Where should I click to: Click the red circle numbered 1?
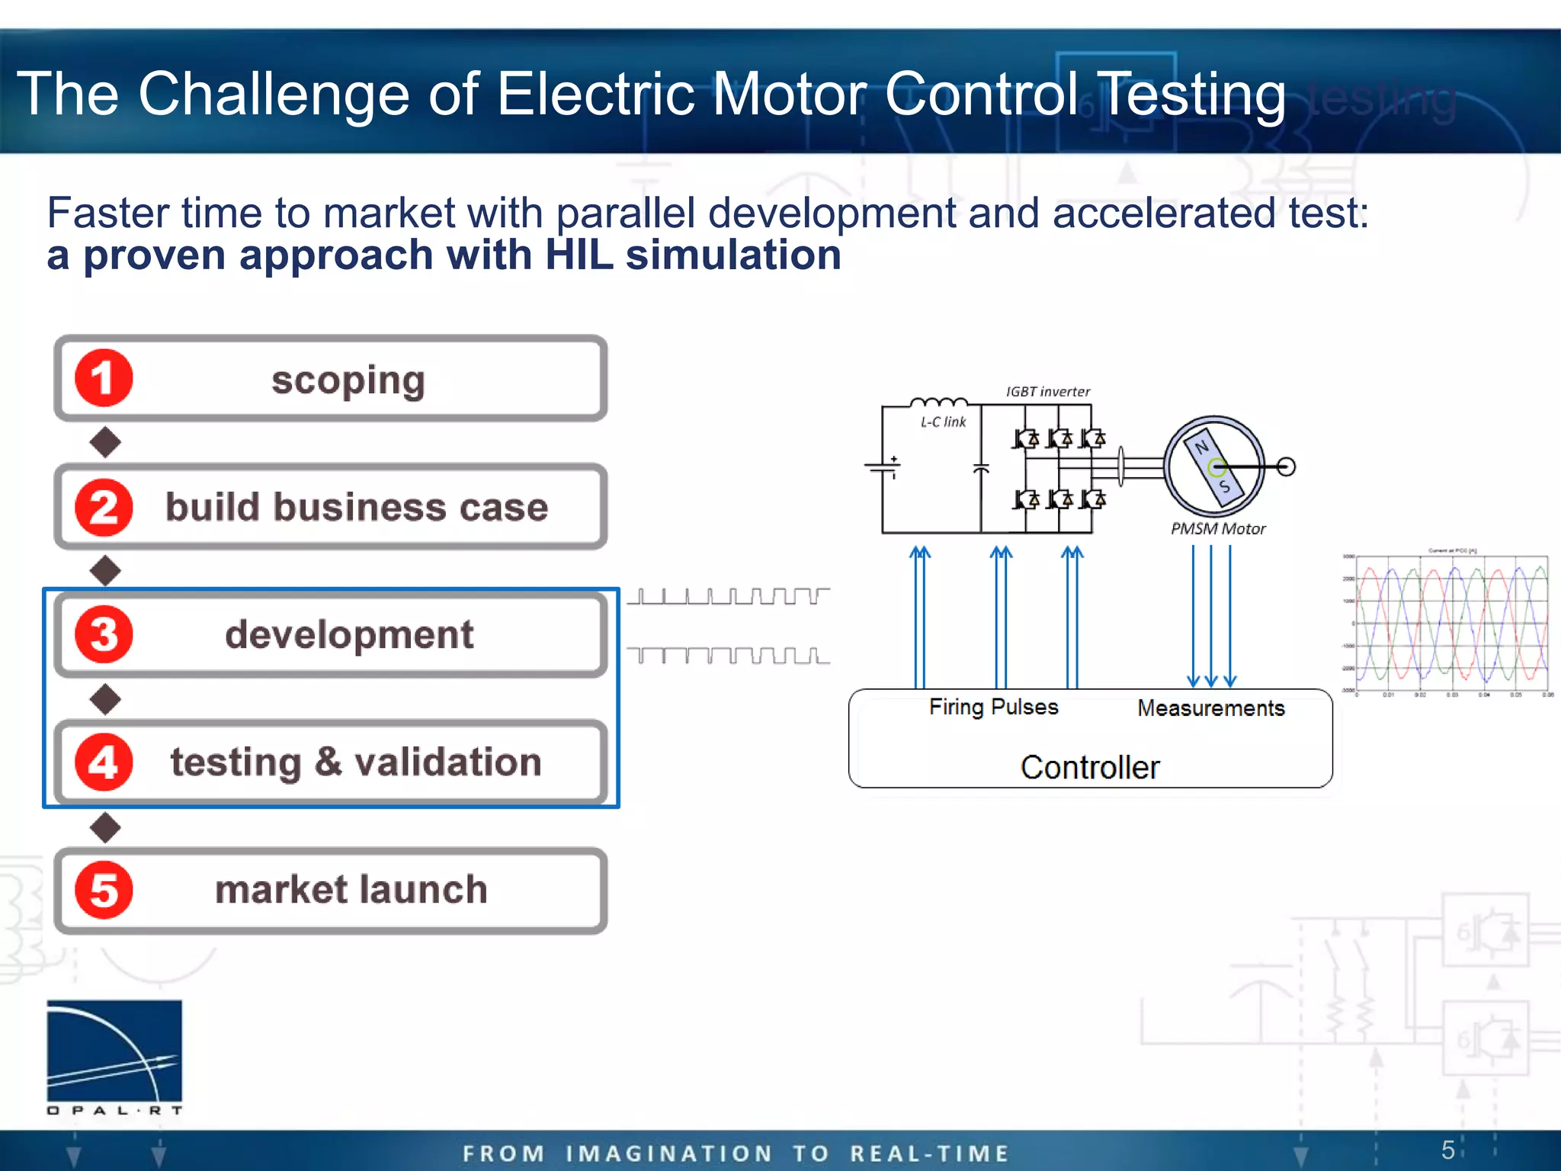104,378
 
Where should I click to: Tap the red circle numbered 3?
104,634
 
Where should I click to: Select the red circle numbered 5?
104,890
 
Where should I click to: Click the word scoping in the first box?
348,380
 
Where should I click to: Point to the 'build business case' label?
357,508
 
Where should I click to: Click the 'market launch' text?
351,890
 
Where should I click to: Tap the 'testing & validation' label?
356,762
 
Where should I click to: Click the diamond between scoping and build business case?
105,442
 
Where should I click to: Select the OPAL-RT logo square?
114,1051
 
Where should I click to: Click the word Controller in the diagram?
1090,767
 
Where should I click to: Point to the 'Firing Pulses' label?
993,707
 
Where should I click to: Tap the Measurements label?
1210,708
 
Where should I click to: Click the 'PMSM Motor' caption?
1217,529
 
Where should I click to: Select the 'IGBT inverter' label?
1047,392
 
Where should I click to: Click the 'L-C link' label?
943,422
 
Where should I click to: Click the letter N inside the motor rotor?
1202,447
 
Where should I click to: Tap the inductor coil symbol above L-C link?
938,403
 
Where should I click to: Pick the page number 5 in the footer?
1447,1150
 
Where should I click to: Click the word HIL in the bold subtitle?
579,255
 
